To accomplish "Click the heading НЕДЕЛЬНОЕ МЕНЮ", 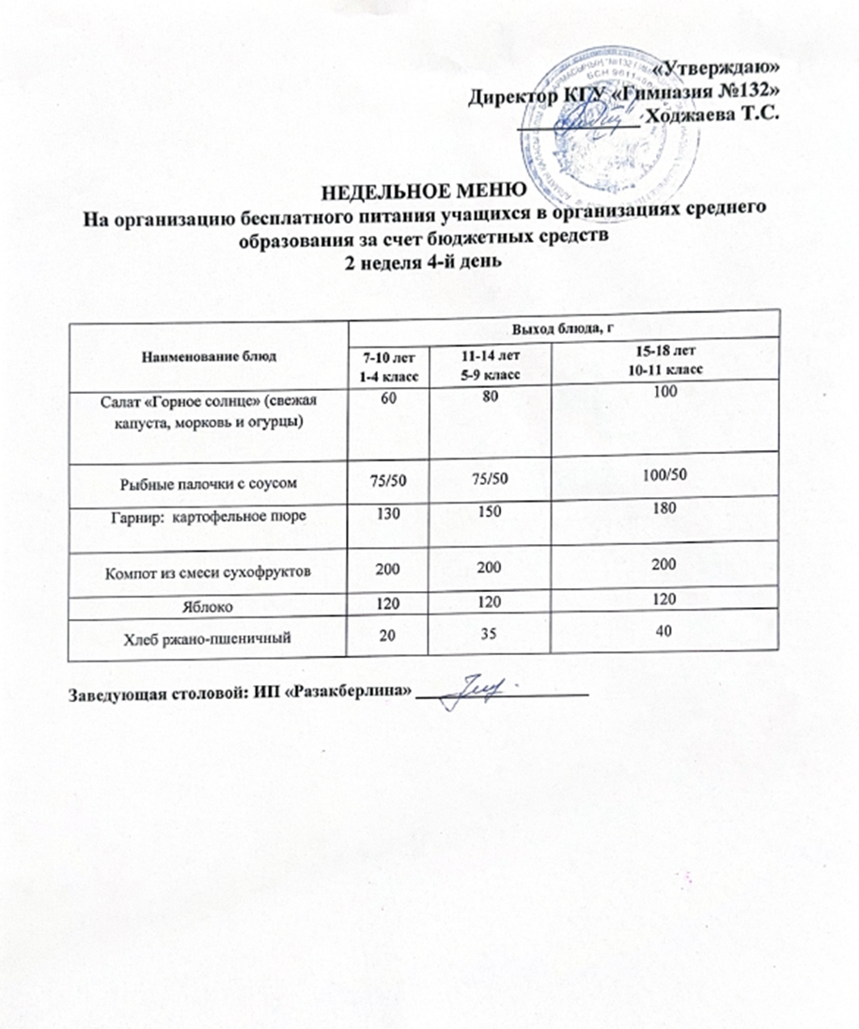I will click(421, 195).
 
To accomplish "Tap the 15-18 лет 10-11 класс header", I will click(665, 360).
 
